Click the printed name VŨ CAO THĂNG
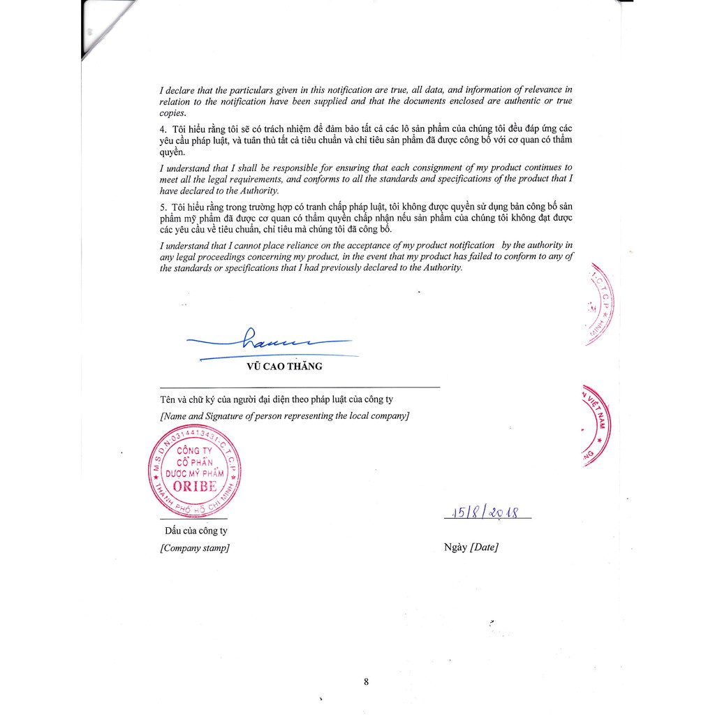pyautogui.click(x=285, y=365)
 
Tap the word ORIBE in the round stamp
pyautogui.click(x=195, y=486)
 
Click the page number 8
pyautogui.click(x=366, y=682)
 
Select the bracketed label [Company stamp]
pyautogui.click(x=194, y=548)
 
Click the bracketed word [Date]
pyautogui.click(x=485, y=547)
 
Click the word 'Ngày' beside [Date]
pyautogui.click(x=455, y=547)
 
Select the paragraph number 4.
pyautogui.click(x=163, y=129)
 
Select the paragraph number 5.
pyautogui.click(x=163, y=207)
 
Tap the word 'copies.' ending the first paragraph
pyautogui.click(x=174, y=112)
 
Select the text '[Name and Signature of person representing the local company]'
pyautogui.click(x=285, y=416)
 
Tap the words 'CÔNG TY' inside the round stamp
pyautogui.click(x=194, y=451)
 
